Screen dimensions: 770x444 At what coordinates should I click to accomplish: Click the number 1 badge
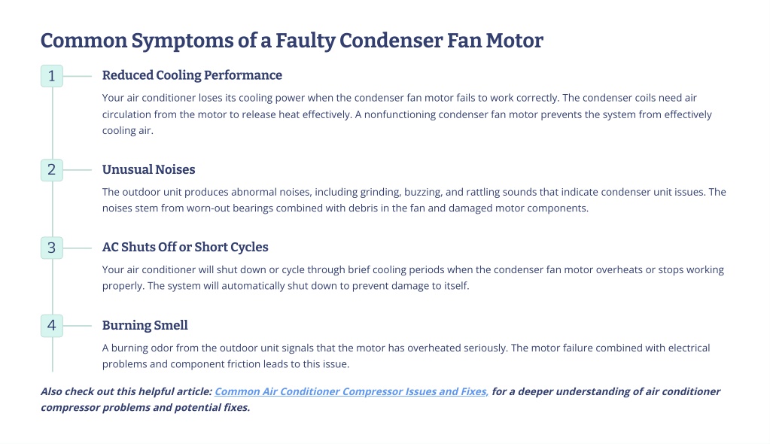point(52,76)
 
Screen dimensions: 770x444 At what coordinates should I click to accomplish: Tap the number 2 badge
point(52,170)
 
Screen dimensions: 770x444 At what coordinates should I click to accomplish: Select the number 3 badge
point(52,248)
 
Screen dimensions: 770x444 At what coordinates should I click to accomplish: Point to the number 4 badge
point(52,326)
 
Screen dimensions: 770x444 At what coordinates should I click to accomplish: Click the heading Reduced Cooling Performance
point(192,75)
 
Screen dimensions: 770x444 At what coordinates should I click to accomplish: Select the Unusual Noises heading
point(148,169)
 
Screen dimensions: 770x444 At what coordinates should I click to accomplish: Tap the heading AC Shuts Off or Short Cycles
point(185,247)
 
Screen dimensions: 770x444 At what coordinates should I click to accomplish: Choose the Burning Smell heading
point(145,325)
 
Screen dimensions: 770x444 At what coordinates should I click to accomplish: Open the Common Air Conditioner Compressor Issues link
point(352,391)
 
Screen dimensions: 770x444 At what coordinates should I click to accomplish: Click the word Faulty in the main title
point(305,41)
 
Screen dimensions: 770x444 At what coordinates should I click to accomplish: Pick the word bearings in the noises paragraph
point(252,208)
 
